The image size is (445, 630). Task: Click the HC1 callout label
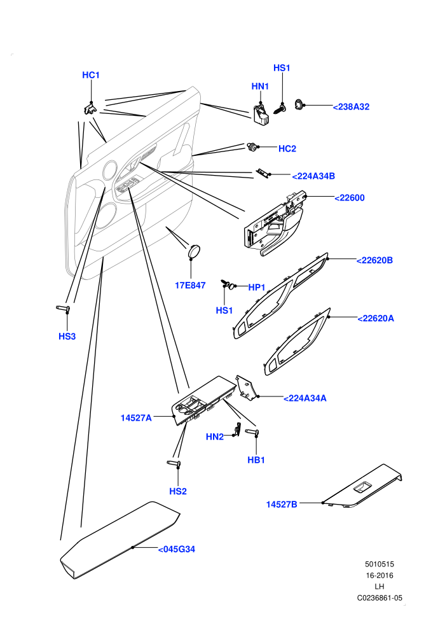(91, 75)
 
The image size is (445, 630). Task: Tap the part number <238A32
(351, 107)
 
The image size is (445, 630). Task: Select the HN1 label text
(260, 87)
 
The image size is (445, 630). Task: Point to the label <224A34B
(313, 176)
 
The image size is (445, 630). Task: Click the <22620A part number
(376, 318)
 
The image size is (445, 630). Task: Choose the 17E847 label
(190, 285)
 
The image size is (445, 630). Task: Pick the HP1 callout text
(257, 287)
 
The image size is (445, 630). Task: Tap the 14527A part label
(136, 418)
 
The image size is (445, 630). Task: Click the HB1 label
(256, 460)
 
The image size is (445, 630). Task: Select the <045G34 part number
(177, 549)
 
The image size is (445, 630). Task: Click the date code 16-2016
(380, 575)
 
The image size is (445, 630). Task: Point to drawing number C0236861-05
(380, 598)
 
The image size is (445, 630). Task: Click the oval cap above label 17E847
(195, 250)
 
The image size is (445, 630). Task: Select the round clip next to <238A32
(299, 104)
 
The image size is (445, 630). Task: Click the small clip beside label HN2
(238, 429)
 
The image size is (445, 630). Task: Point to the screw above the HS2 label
(174, 464)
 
